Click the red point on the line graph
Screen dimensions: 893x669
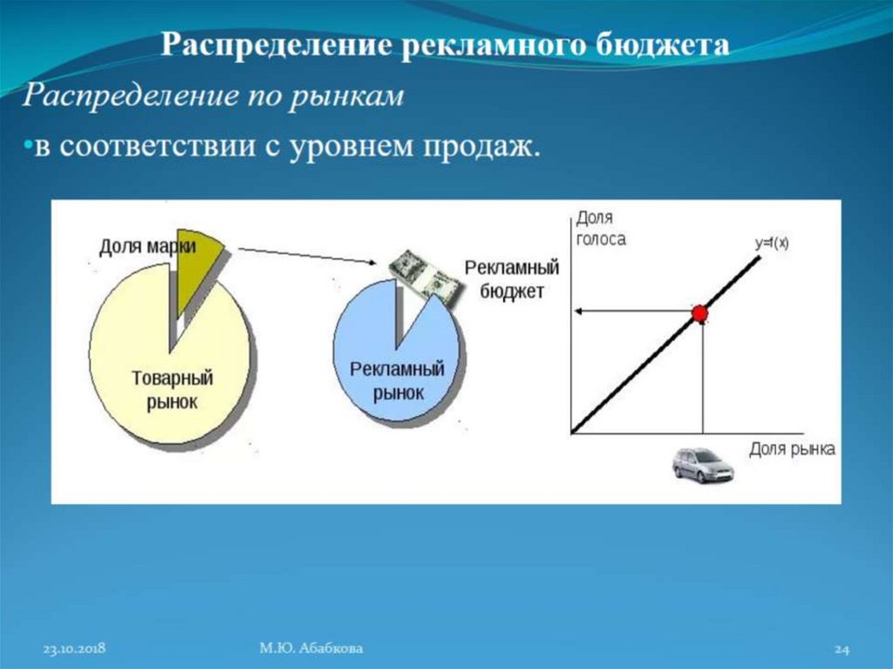tap(699, 313)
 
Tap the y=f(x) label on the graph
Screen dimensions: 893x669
tap(772, 244)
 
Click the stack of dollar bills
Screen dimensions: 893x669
tap(424, 278)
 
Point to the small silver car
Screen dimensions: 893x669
tap(703, 466)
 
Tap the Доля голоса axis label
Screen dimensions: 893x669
tap(600, 230)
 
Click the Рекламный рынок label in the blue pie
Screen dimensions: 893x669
tap(397, 380)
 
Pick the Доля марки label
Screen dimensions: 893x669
tap(147, 247)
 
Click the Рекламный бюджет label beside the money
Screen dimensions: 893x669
tap(512, 279)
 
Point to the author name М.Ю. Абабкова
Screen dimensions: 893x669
tap(311, 648)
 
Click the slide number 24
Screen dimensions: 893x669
tap(842, 649)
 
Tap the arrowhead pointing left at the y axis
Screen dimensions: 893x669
tap(577, 311)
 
